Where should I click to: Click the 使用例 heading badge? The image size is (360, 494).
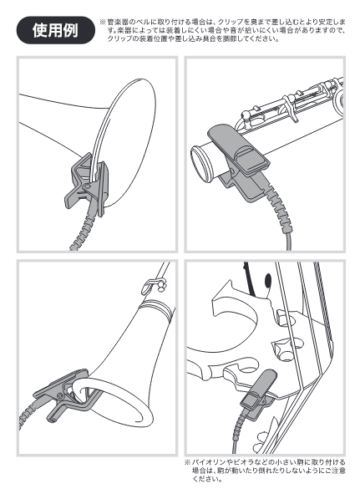[55, 30]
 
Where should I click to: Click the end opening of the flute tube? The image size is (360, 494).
[200, 165]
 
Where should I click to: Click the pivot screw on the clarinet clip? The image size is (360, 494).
[58, 395]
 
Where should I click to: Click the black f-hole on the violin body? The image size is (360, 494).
[268, 280]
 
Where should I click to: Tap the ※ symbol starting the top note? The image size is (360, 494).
[103, 22]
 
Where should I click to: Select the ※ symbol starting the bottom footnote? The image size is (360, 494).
[188, 462]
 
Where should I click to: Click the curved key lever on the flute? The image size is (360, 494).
[290, 109]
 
